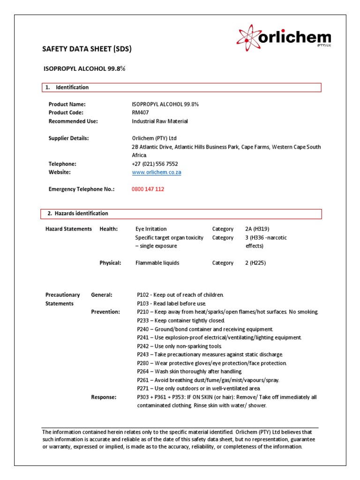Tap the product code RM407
[140, 112]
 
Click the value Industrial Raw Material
[160, 121]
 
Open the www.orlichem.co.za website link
[157, 172]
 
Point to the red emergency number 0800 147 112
[148, 189]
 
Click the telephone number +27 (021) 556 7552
[155, 164]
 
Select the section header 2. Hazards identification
[78, 213]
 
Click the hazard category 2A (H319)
[257, 229]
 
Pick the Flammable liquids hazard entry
[157, 263]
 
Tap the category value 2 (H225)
[255, 263]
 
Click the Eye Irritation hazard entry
[151, 229]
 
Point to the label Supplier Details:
[68, 138]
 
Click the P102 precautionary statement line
[180, 295]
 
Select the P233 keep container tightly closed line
[181, 320]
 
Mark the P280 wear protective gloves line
[211, 363]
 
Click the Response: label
[104, 397]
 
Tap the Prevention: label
[105, 312]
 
